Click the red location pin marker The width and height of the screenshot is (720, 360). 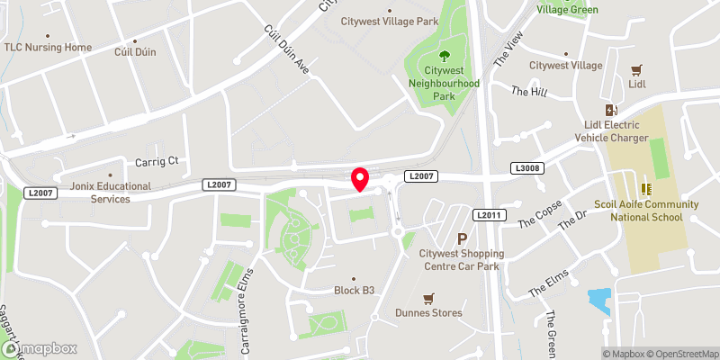tap(360, 179)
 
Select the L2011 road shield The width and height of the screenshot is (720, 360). tap(487, 215)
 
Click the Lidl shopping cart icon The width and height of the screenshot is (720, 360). tap(637, 70)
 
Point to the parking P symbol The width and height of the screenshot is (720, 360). tap(463, 238)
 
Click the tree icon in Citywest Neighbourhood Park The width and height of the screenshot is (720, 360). tap(442, 56)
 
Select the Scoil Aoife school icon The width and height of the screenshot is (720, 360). tap(645, 189)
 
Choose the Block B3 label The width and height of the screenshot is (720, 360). tap(354, 291)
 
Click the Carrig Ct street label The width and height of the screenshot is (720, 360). tap(157, 161)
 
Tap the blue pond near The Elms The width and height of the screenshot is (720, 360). tap(598, 301)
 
